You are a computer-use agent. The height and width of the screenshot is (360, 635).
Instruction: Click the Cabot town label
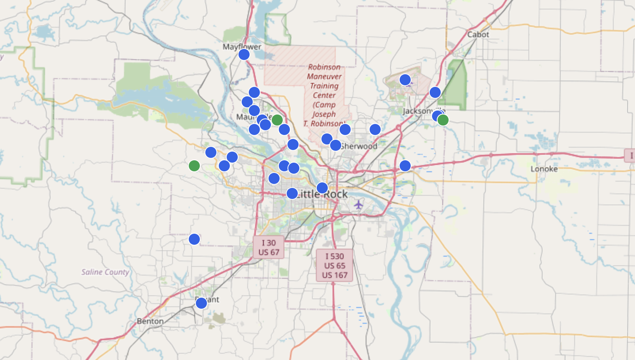478,35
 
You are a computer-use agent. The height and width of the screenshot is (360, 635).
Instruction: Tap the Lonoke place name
544,169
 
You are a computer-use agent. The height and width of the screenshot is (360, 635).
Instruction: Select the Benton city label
150,321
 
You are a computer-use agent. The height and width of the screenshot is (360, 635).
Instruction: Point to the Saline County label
105,272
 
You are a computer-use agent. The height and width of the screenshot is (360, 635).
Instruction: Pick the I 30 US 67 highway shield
269,247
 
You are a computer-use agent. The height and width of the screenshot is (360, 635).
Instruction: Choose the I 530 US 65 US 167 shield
334,266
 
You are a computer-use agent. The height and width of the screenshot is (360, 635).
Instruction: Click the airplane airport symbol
358,204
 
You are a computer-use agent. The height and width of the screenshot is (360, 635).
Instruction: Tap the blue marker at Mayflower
244,54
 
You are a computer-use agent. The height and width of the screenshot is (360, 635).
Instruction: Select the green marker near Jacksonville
443,120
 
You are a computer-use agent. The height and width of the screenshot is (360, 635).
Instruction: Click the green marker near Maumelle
277,120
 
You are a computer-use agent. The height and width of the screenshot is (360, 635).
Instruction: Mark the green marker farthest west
194,166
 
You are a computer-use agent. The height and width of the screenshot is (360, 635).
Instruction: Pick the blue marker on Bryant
201,303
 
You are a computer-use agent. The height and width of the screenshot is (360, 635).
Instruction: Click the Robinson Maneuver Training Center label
324,95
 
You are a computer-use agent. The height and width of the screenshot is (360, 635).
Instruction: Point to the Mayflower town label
242,47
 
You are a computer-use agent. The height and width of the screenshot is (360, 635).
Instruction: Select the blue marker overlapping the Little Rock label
292,193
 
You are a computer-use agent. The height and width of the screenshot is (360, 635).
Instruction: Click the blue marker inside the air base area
405,80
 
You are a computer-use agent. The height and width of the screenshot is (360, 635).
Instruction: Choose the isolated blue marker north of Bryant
194,239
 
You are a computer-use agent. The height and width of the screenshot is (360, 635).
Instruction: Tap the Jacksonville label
419,111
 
